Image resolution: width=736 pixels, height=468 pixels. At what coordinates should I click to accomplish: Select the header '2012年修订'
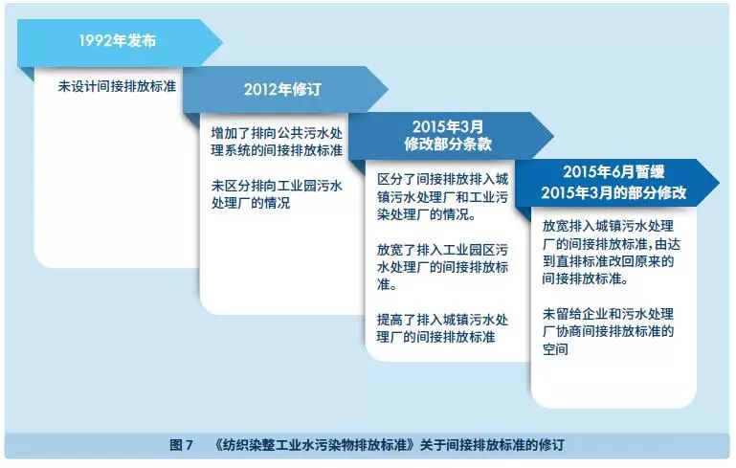click(282, 90)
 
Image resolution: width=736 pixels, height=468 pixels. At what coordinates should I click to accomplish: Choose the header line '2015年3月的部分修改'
click(613, 191)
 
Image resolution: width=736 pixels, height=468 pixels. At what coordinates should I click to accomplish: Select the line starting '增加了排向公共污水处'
click(277, 131)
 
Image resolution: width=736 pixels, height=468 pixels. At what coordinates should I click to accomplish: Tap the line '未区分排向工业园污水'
click(277, 186)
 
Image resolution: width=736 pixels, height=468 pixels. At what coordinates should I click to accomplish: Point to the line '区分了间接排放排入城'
click(442, 179)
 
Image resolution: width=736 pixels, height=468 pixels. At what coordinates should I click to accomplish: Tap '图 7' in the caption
click(182, 445)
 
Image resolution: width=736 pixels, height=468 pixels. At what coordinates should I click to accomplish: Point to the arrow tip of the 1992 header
click(221, 43)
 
